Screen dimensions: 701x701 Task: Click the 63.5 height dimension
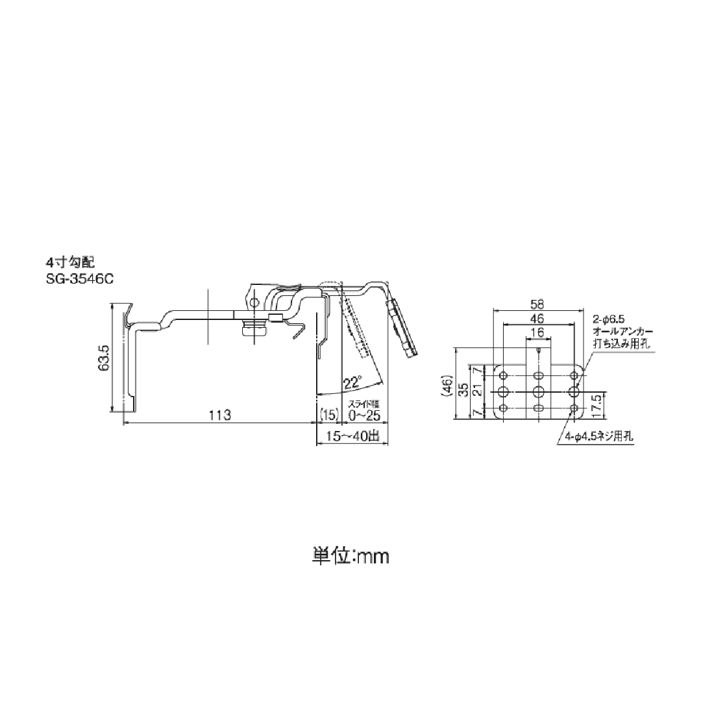[103, 357]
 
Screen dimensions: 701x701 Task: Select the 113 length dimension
[220, 415]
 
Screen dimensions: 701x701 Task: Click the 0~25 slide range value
[363, 415]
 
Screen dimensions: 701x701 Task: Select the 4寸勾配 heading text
[69, 262]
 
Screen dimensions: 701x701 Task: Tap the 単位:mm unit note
[350, 556]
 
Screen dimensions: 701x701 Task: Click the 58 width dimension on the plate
[537, 304]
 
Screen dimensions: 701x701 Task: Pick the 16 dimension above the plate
[537, 332]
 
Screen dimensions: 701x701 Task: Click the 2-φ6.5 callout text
[608, 319]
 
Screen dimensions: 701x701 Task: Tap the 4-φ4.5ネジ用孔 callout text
[598, 437]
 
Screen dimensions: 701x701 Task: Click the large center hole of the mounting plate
[538, 391]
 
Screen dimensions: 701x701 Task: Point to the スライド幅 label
[363, 404]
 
